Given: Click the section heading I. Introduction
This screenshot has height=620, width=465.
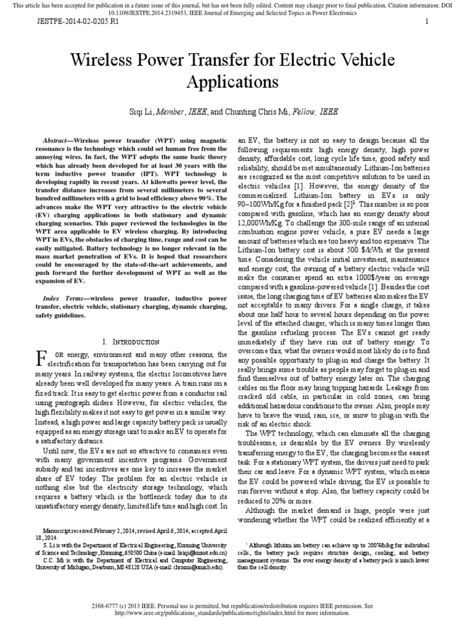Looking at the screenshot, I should pos(132,342).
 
